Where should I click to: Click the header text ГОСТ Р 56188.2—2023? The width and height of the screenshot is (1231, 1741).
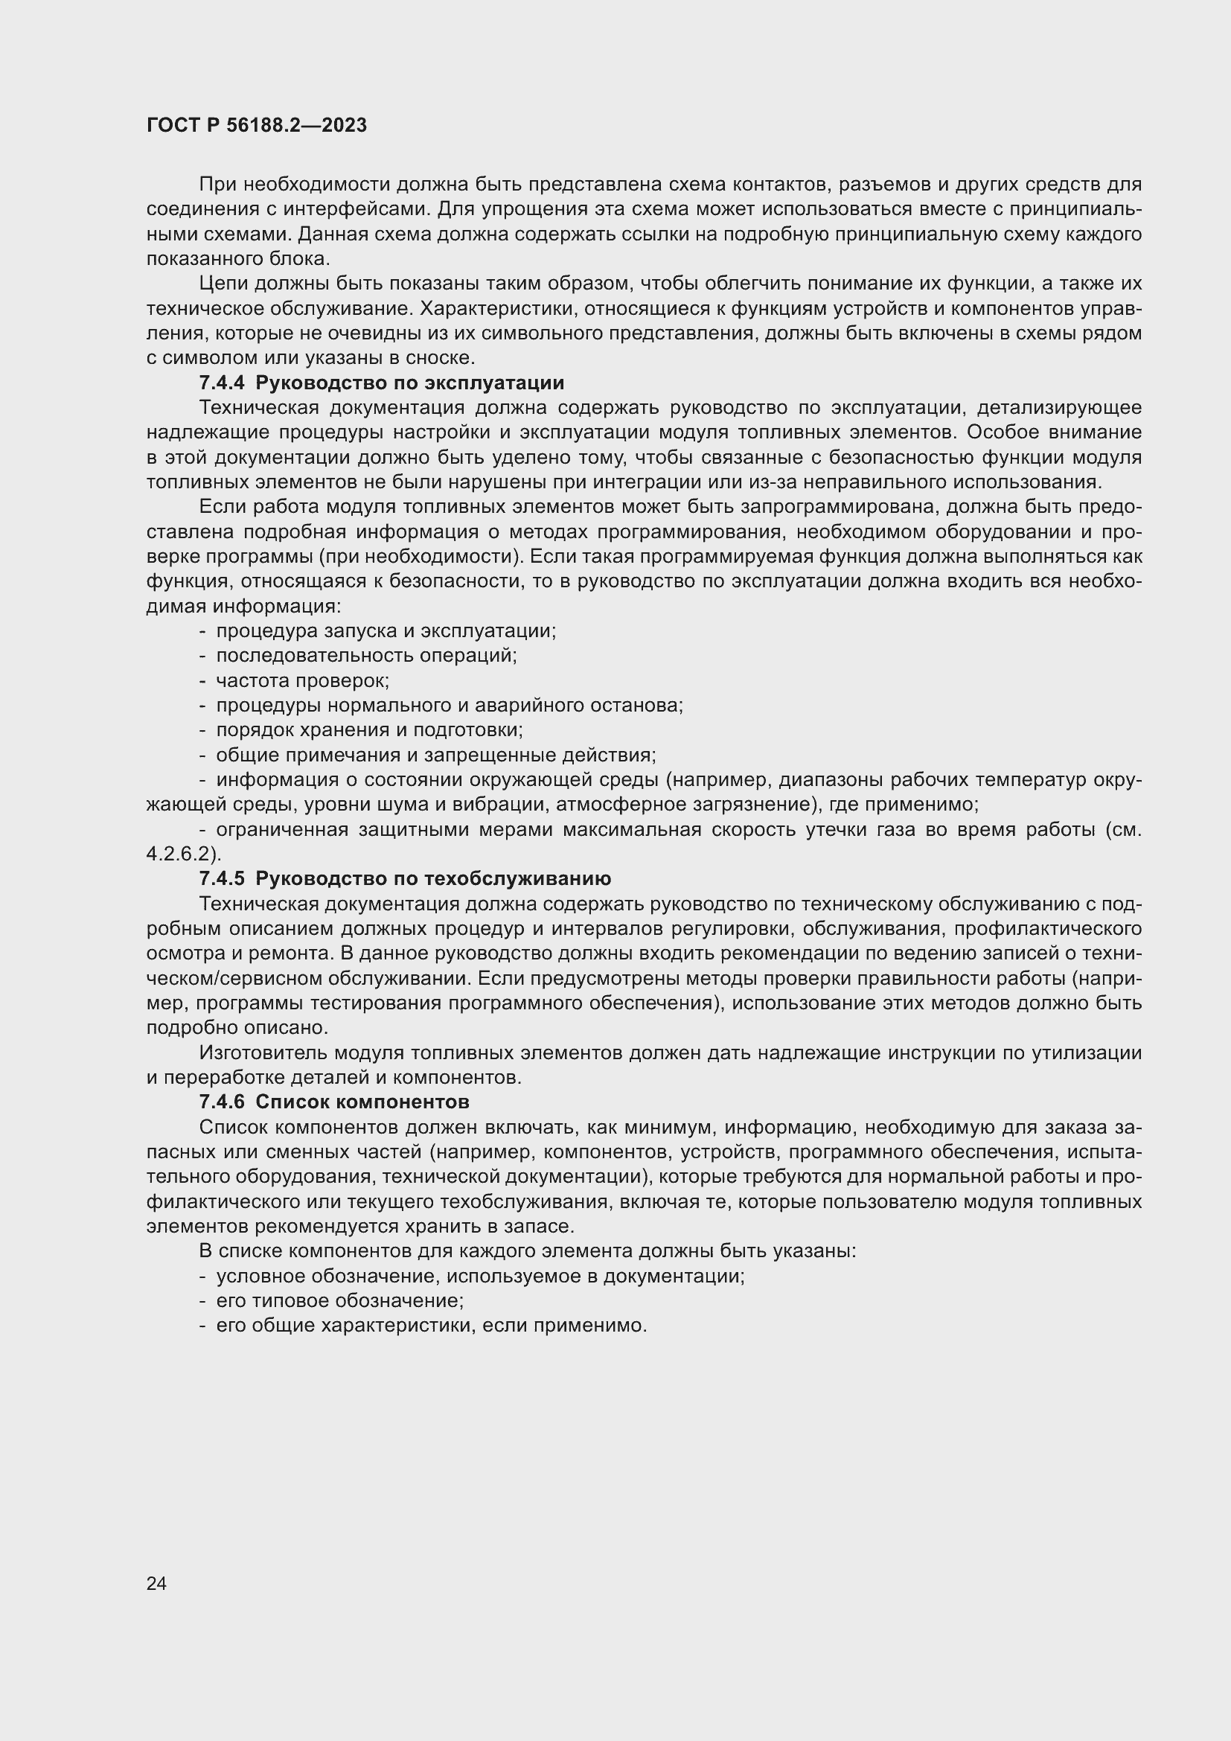[256, 126]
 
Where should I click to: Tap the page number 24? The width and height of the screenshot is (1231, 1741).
[156, 1583]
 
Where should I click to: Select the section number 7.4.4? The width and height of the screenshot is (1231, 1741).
[222, 383]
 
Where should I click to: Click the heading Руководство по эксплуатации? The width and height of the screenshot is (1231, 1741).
[409, 383]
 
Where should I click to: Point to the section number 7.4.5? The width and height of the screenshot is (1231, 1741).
[222, 879]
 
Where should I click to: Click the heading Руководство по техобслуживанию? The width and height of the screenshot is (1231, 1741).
[433, 879]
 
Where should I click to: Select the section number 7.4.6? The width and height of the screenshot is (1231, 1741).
[222, 1102]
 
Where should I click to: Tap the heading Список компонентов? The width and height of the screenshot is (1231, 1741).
[362, 1102]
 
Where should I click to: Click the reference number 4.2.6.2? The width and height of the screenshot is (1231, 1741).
[182, 854]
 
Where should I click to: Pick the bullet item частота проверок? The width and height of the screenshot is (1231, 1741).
[302, 680]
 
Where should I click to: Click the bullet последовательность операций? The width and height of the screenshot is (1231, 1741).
[366, 655]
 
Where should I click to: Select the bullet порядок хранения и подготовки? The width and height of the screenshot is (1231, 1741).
[369, 730]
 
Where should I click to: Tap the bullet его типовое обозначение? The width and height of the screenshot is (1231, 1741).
[339, 1301]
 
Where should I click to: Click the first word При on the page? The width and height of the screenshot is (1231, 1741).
[216, 185]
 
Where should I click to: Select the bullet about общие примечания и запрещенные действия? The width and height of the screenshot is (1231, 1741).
[436, 756]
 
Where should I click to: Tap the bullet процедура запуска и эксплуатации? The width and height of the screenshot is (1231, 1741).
[386, 631]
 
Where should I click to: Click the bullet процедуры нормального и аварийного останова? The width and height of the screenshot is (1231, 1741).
[450, 705]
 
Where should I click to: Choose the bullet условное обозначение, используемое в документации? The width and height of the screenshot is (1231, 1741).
[481, 1277]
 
